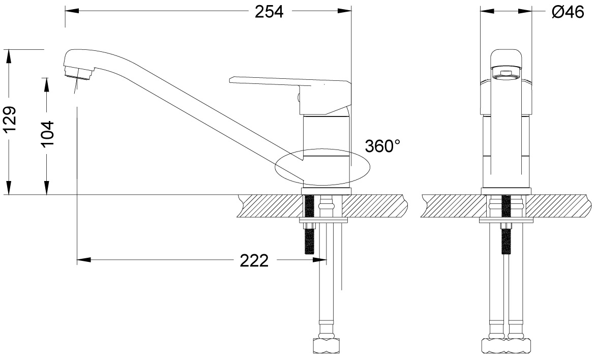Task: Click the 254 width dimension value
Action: coord(269,12)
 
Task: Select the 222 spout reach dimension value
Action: coord(254,260)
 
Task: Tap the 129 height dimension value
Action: coord(10,120)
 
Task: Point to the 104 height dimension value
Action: coord(48,135)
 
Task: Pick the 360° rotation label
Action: coord(382,146)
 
